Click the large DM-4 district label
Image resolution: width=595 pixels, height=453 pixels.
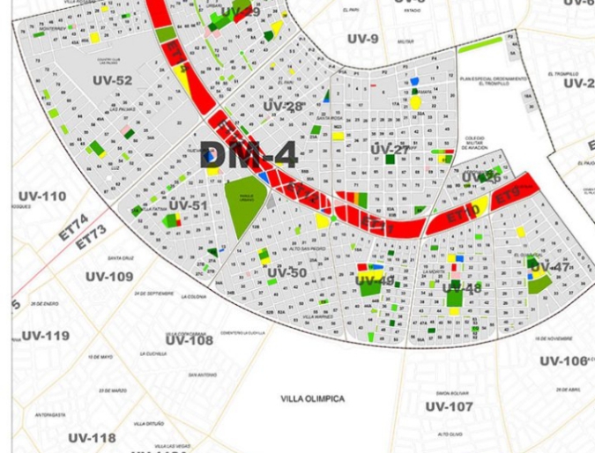point(248,155)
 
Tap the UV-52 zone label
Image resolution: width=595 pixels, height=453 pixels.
point(112,81)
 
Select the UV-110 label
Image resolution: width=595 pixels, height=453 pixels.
point(41,197)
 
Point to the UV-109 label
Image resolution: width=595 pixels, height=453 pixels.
point(109,277)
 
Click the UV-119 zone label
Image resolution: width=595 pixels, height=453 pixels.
point(45,336)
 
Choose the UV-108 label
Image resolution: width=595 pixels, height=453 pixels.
point(190,340)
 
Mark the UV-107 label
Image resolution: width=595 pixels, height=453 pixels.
point(449,406)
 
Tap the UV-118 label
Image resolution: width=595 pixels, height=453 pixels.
point(92,438)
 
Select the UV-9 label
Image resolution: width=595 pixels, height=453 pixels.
point(362,39)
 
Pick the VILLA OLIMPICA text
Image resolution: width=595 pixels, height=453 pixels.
point(313,399)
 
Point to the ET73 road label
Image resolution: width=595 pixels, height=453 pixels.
point(90,237)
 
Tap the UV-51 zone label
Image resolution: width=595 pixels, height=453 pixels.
point(188,206)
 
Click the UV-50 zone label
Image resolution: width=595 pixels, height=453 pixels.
point(286,273)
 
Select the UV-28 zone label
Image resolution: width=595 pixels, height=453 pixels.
point(283,107)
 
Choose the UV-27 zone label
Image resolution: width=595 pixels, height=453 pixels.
point(390,150)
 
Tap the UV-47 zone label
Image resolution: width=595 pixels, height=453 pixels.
point(550,267)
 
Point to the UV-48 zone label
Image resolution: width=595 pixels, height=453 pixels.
point(461,288)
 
